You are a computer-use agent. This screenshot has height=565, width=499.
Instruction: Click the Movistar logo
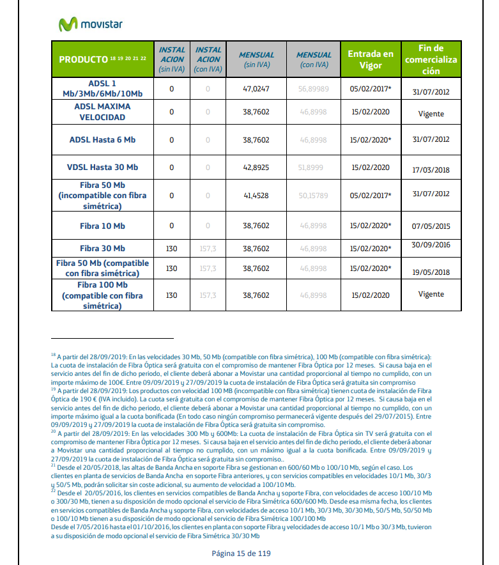coord(90,24)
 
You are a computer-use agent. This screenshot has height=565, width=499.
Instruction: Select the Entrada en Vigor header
coord(371,59)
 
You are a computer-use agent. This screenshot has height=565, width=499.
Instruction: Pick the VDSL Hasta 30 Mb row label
coord(102,167)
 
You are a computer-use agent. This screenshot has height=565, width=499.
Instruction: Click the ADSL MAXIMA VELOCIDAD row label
coord(102,112)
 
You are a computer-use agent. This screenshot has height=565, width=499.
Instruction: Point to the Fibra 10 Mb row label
coord(102,226)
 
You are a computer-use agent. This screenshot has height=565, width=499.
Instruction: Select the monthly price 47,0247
coord(256,88)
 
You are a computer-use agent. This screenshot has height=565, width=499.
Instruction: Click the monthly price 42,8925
coord(256,167)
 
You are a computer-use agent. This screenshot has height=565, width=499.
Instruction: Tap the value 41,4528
coord(256,195)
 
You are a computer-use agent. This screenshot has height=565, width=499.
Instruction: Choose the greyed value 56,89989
coord(313,88)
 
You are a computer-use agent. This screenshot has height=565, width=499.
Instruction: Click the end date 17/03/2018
coord(431,170)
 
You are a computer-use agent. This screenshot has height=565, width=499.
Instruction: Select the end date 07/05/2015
coord(431,226)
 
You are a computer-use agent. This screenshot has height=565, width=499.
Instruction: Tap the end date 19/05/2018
coord(431,272)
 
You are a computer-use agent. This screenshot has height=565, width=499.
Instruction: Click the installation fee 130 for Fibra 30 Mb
coord(171,248)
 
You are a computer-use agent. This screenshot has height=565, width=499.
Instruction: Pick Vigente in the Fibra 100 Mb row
coord(431,295)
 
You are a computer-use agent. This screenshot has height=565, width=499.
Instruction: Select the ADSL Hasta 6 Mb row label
coord(102,139)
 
